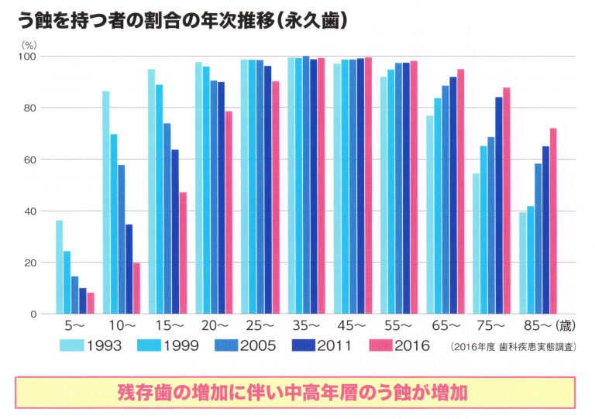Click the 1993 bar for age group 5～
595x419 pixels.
click(59, 267)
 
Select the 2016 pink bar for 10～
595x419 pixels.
click(136, 288)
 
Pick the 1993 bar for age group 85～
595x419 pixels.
click(523, 263)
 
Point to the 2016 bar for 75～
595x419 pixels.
click(507, 201)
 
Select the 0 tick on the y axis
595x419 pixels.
click(33, 314)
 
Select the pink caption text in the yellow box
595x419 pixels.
click(297, 392)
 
